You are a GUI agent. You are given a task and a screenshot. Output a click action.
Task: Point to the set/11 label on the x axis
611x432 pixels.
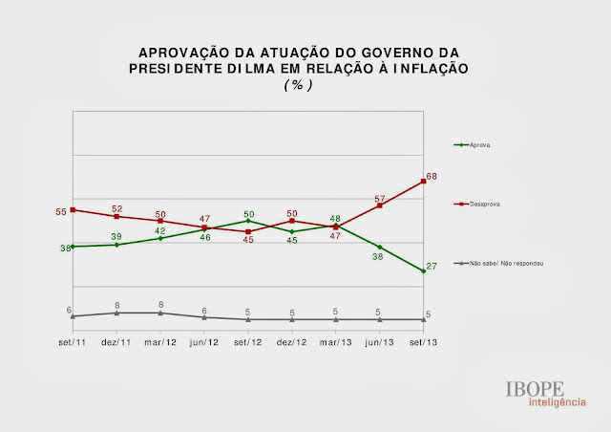pyautogui.click(x=73, y=342)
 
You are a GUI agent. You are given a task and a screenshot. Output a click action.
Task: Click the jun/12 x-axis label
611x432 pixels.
pyautogui.click(x=204, y=342)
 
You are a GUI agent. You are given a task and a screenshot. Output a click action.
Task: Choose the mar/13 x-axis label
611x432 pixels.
pyautogui.click(x=335, y=342)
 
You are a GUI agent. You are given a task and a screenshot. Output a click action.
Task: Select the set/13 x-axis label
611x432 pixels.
pyautogui.click(x=424, y=342)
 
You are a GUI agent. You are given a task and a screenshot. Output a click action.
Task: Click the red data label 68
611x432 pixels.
pyautogui.click(x=432, y=176)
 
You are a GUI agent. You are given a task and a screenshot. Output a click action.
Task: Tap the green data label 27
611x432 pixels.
pyautogui.click(x=432, y=266)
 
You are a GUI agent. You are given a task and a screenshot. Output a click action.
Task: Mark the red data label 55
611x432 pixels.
pyautogui.click(x=60, y=210)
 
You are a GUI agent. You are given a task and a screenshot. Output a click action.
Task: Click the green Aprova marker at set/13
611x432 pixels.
pyautogui.click(x=424, y=272)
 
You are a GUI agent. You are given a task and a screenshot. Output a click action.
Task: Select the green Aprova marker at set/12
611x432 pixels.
pyautogui.click(x=248, y=221)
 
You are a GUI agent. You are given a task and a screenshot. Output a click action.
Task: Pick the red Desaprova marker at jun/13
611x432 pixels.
pyautogui.click(x=380, y=205)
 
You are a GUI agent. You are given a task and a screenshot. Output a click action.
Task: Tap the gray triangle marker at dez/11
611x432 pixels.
pyautogui.click(x=116, y=313)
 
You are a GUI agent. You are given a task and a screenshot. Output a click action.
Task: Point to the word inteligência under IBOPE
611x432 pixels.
pyautogui.click(x=534, y=402)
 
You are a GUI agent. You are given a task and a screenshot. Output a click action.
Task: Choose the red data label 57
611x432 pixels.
pyautogui.click(x=379, y=198)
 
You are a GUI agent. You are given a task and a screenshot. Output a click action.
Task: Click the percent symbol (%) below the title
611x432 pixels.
pyautogui.click(x=298, y=84)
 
